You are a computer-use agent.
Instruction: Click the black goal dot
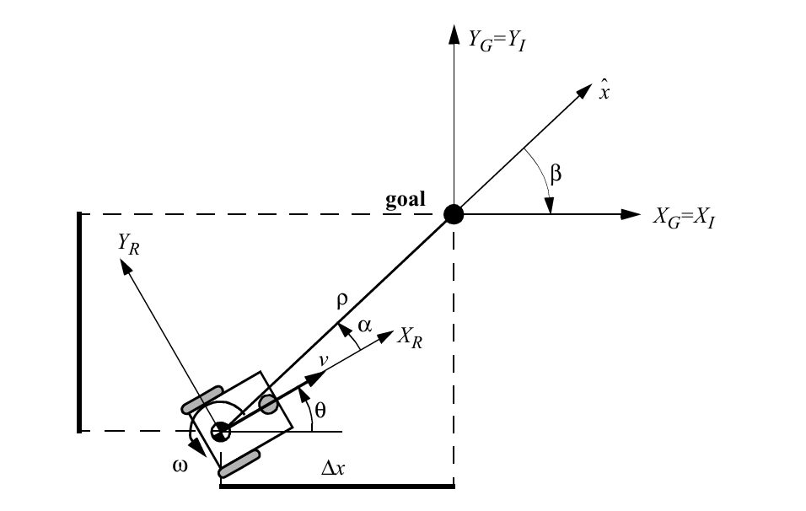[454, 214]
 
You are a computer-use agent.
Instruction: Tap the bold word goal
[406, 200]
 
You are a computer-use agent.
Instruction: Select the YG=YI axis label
[497, 40]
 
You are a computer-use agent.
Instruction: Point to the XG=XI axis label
[684, 218]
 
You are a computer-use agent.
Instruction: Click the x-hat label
[604, 91]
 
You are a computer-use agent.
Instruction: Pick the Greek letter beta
[556, 175]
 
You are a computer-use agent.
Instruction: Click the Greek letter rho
[341, 299]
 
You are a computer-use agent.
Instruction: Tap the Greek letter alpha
[364, 325]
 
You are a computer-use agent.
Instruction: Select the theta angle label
[320, 411]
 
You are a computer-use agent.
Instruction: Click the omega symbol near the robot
[180, 465]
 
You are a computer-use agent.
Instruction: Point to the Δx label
[333, 468]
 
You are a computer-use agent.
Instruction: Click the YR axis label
[128, 244]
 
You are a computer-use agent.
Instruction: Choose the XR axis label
[411, 338]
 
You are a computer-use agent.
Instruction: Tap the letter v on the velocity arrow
[323, 360]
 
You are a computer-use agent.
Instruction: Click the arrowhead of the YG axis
[454, 34]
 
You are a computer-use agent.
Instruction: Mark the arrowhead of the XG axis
[631, 214]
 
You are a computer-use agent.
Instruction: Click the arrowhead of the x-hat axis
[583, 91]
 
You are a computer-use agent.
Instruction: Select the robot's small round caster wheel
[268, 405]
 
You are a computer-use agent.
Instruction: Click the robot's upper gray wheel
[203, 400]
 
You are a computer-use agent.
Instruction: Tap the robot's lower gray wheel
[239, 465]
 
